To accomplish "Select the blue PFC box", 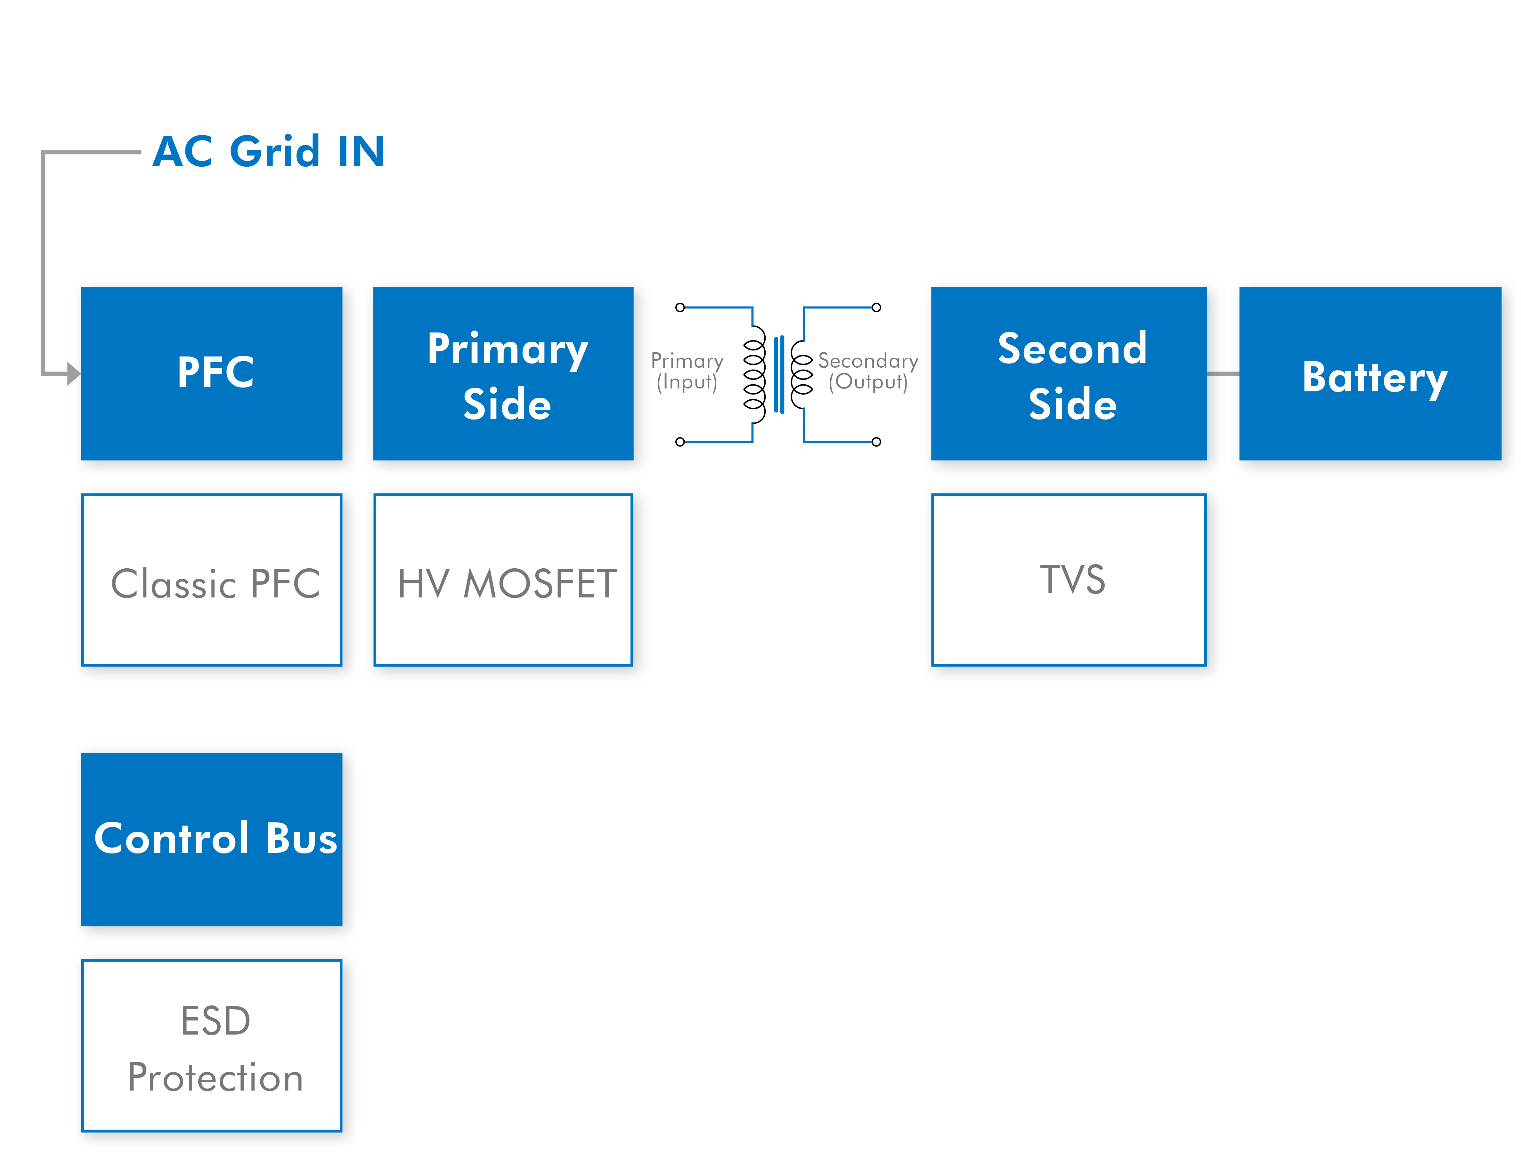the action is pos(211,373).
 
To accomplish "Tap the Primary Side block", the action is pos(503,373).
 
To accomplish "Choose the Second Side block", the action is pos(1069,373).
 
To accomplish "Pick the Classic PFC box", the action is pos(211,580).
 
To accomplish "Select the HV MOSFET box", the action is pos(503,580).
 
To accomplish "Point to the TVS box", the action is pos(1069,580).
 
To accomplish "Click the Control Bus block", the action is pos(211,839).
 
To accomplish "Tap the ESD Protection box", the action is pos(211,1045).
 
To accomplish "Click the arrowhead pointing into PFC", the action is pos(74,373).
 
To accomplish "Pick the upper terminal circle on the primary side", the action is pos(680,307).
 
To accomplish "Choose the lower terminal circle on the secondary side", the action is pos(876,442).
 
